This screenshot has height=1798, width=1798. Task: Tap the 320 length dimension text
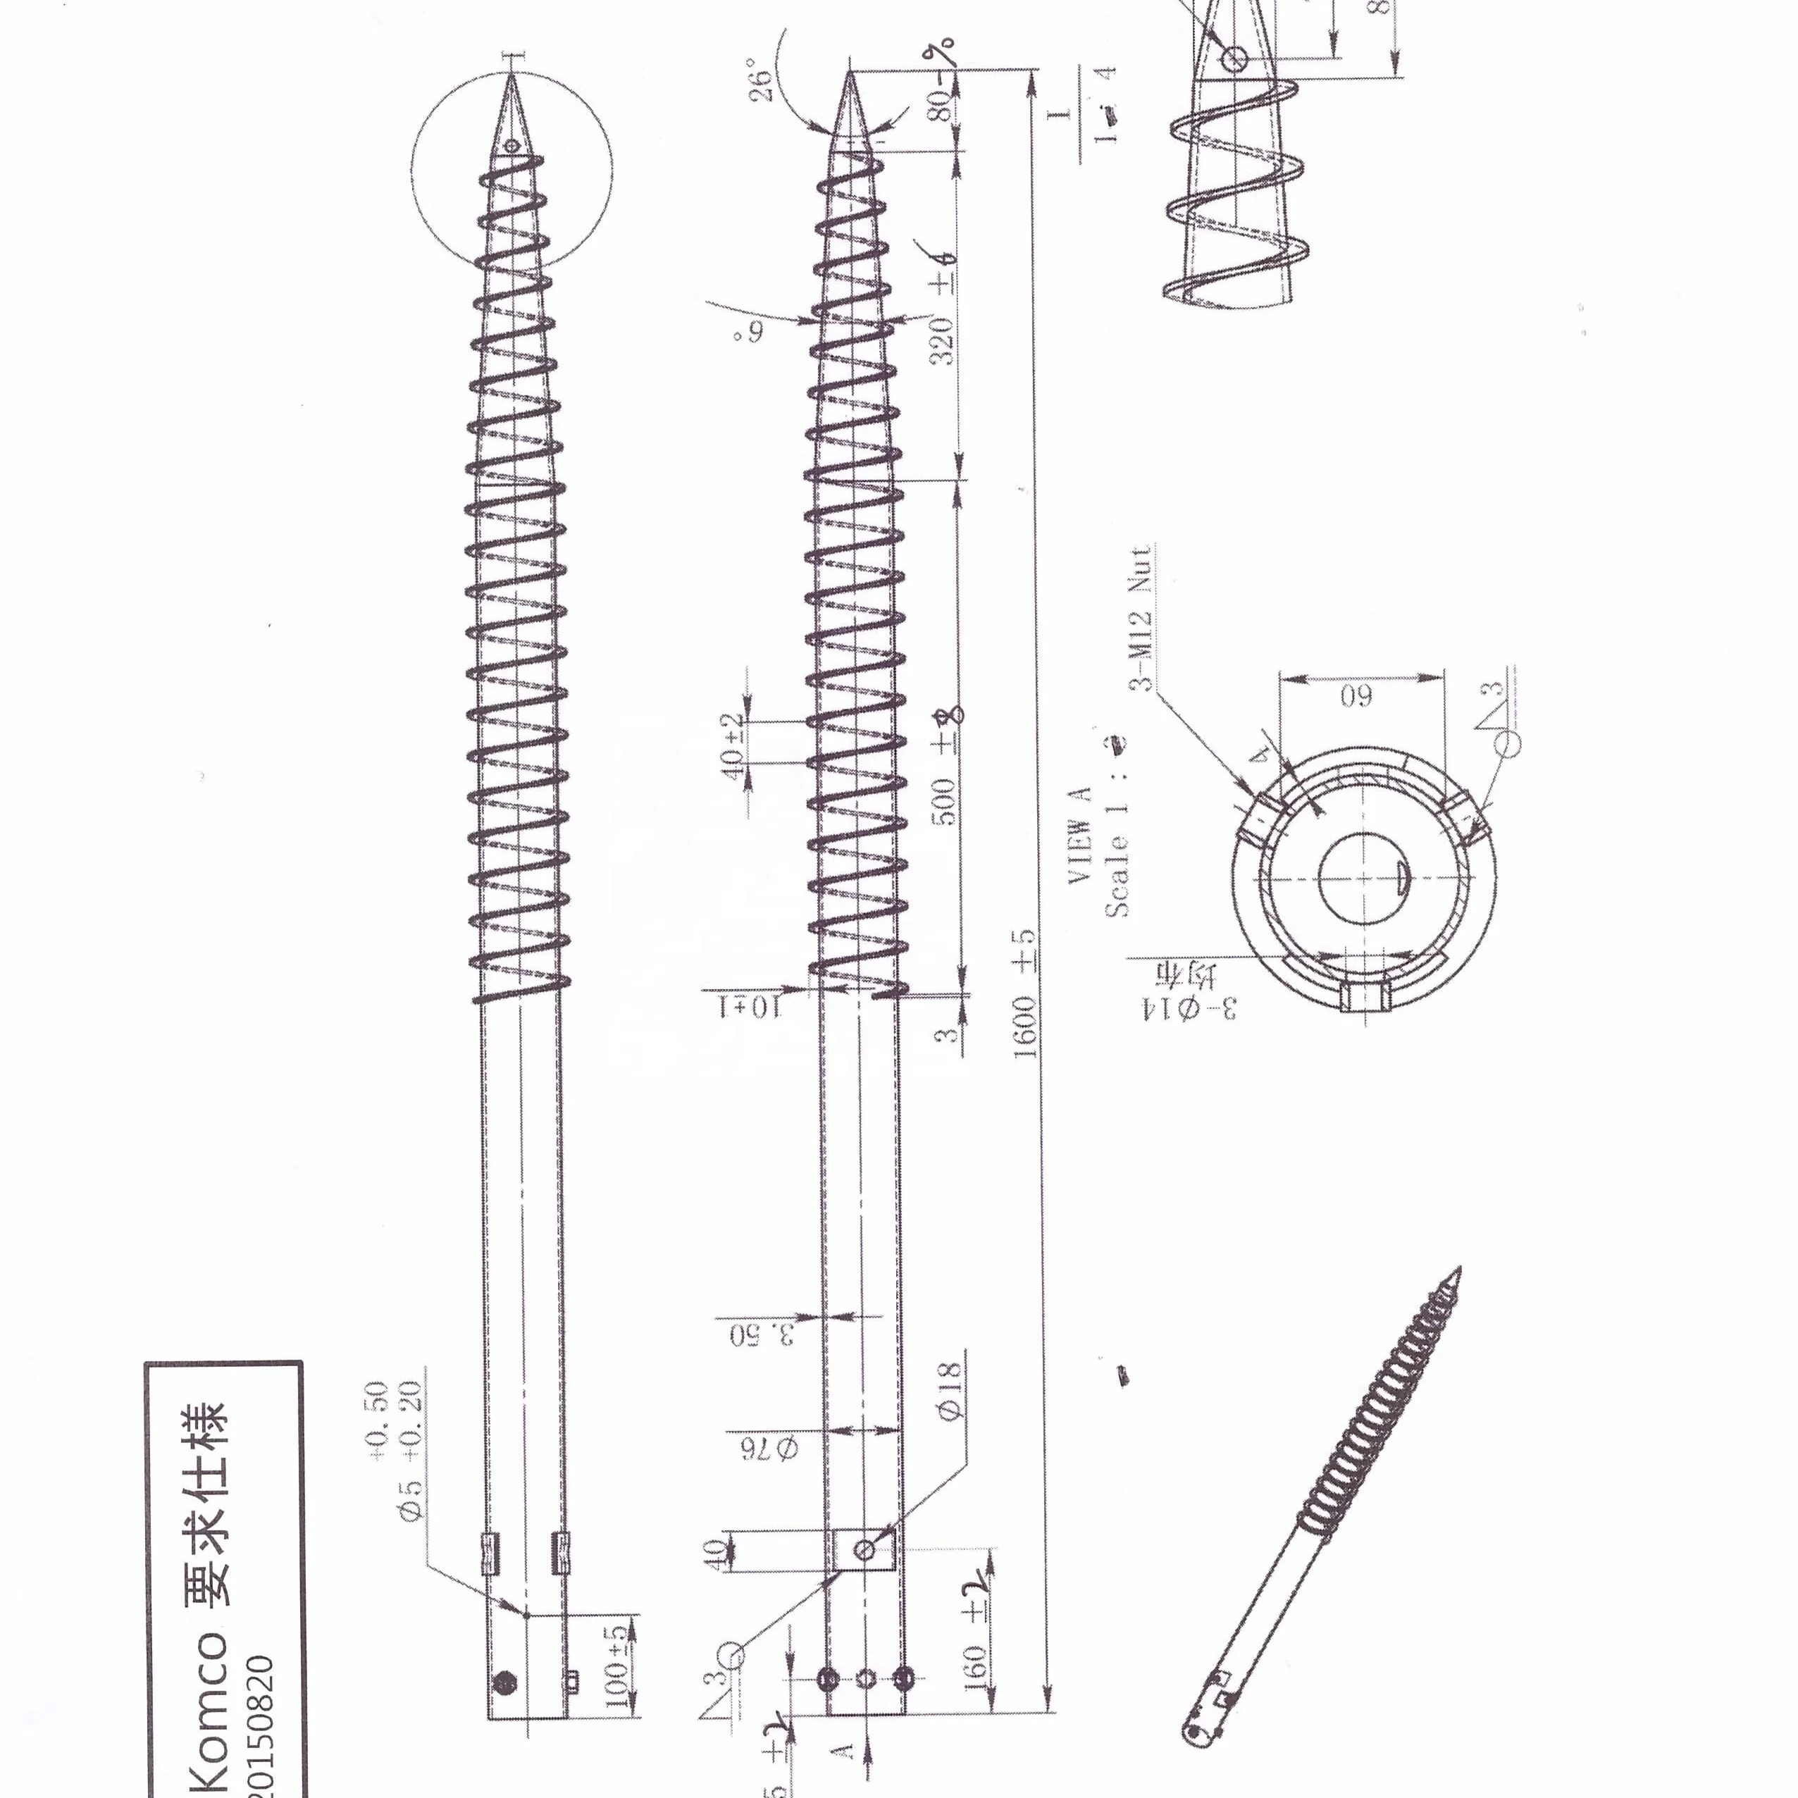943,340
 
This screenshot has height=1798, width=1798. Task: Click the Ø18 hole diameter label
948,1396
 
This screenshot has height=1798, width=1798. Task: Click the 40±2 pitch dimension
733,746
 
